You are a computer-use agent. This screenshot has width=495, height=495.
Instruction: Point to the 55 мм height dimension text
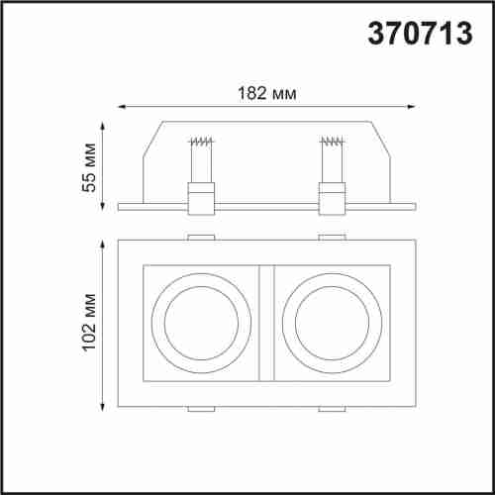[x=90, y=168]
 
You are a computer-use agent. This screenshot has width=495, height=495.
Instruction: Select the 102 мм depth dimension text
[x=90, y=323]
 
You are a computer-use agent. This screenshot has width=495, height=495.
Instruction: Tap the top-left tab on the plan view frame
[x=202, y=237]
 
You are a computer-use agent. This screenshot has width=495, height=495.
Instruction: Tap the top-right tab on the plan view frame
[x=332, y=237]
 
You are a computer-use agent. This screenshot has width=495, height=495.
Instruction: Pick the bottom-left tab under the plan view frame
[x=202, y=409]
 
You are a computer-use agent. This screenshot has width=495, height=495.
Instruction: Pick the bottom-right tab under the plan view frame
[x=332, y=409]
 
